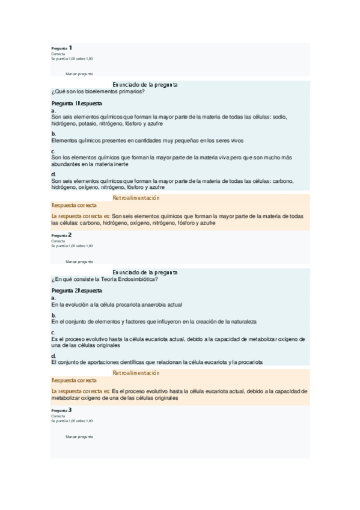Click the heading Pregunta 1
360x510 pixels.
click(x=62, y=48)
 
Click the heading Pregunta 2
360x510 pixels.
click(x=62, y=235)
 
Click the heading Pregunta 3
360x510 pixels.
click(x=62, y=410)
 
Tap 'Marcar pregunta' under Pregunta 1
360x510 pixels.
click(x=79, y=73)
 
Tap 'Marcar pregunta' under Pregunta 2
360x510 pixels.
click(x=79, y=262)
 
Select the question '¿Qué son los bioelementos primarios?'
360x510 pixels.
click(x=98, y=91)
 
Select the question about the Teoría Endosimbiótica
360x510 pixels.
click(x=105, y=279)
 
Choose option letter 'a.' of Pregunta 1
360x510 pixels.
click(x=53, y=111)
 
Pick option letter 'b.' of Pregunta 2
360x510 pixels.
click(x=53, y=315)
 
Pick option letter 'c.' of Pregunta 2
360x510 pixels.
click(x=53, y=332)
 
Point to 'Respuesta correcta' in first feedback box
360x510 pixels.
click(x=74, y=205)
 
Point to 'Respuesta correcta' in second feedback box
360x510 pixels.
click(x=74, y=380)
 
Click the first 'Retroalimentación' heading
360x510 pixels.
click(x=136, y=198)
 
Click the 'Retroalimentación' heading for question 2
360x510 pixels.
click(x=136, y=373)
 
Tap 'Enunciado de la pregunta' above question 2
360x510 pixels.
click(x=145, y=272)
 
